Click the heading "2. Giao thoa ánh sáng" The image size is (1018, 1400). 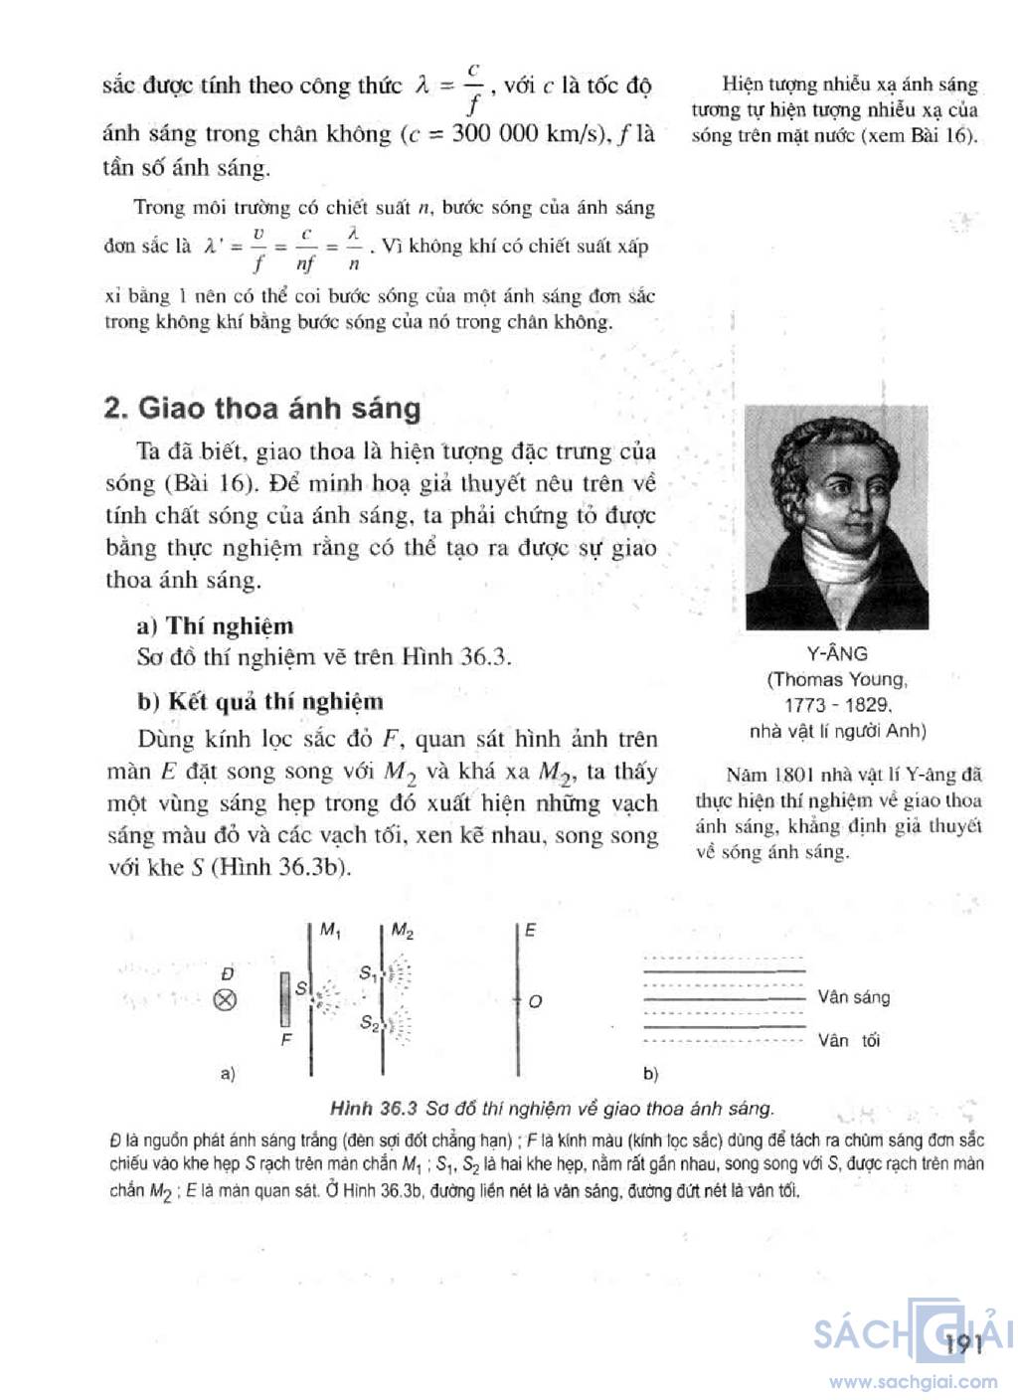262,409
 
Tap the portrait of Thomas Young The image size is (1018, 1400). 837,517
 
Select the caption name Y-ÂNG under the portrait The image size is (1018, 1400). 836,653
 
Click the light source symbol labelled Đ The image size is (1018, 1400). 226,1000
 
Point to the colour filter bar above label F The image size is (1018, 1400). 286,999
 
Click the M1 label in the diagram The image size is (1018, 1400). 331,931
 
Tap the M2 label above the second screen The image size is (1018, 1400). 403,931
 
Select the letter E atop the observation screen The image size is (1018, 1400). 530,931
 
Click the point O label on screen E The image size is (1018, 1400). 535,1001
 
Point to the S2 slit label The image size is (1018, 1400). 369,1022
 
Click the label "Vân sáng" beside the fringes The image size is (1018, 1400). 853,997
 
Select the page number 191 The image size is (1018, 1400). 964,1344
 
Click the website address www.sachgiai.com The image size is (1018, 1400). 914,1381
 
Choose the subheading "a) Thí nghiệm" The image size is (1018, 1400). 216,626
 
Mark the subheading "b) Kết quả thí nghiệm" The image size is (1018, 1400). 260,701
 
